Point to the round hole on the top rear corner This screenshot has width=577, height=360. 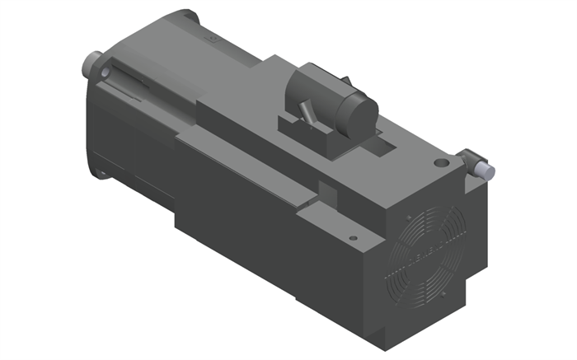pos(445,164)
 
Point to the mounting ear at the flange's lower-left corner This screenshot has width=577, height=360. pos(101,172)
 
